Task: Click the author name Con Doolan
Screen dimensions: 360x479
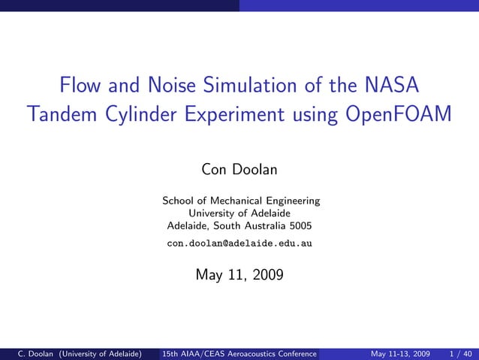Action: click(239, 170)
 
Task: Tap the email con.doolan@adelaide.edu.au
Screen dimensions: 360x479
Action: click(239, 244)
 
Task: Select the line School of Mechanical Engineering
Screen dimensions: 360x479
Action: click(241, 201)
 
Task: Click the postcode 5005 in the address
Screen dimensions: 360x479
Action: click(300, 225)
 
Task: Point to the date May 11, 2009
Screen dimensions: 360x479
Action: click(239, 275)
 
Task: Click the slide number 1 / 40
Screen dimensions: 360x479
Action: click(460, 353)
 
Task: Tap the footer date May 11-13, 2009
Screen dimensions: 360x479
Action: click(400, 353)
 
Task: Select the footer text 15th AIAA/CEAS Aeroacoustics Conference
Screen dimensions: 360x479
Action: click(239, 353)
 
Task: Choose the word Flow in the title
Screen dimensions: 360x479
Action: click(81, 83)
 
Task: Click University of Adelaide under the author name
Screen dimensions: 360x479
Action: click(239, 213)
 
